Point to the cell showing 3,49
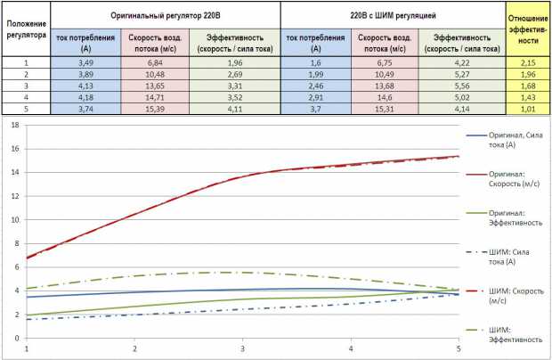(85, 63)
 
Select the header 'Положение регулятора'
(26, 29)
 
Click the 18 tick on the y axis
(15, 125)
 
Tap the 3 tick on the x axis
(243, 348)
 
